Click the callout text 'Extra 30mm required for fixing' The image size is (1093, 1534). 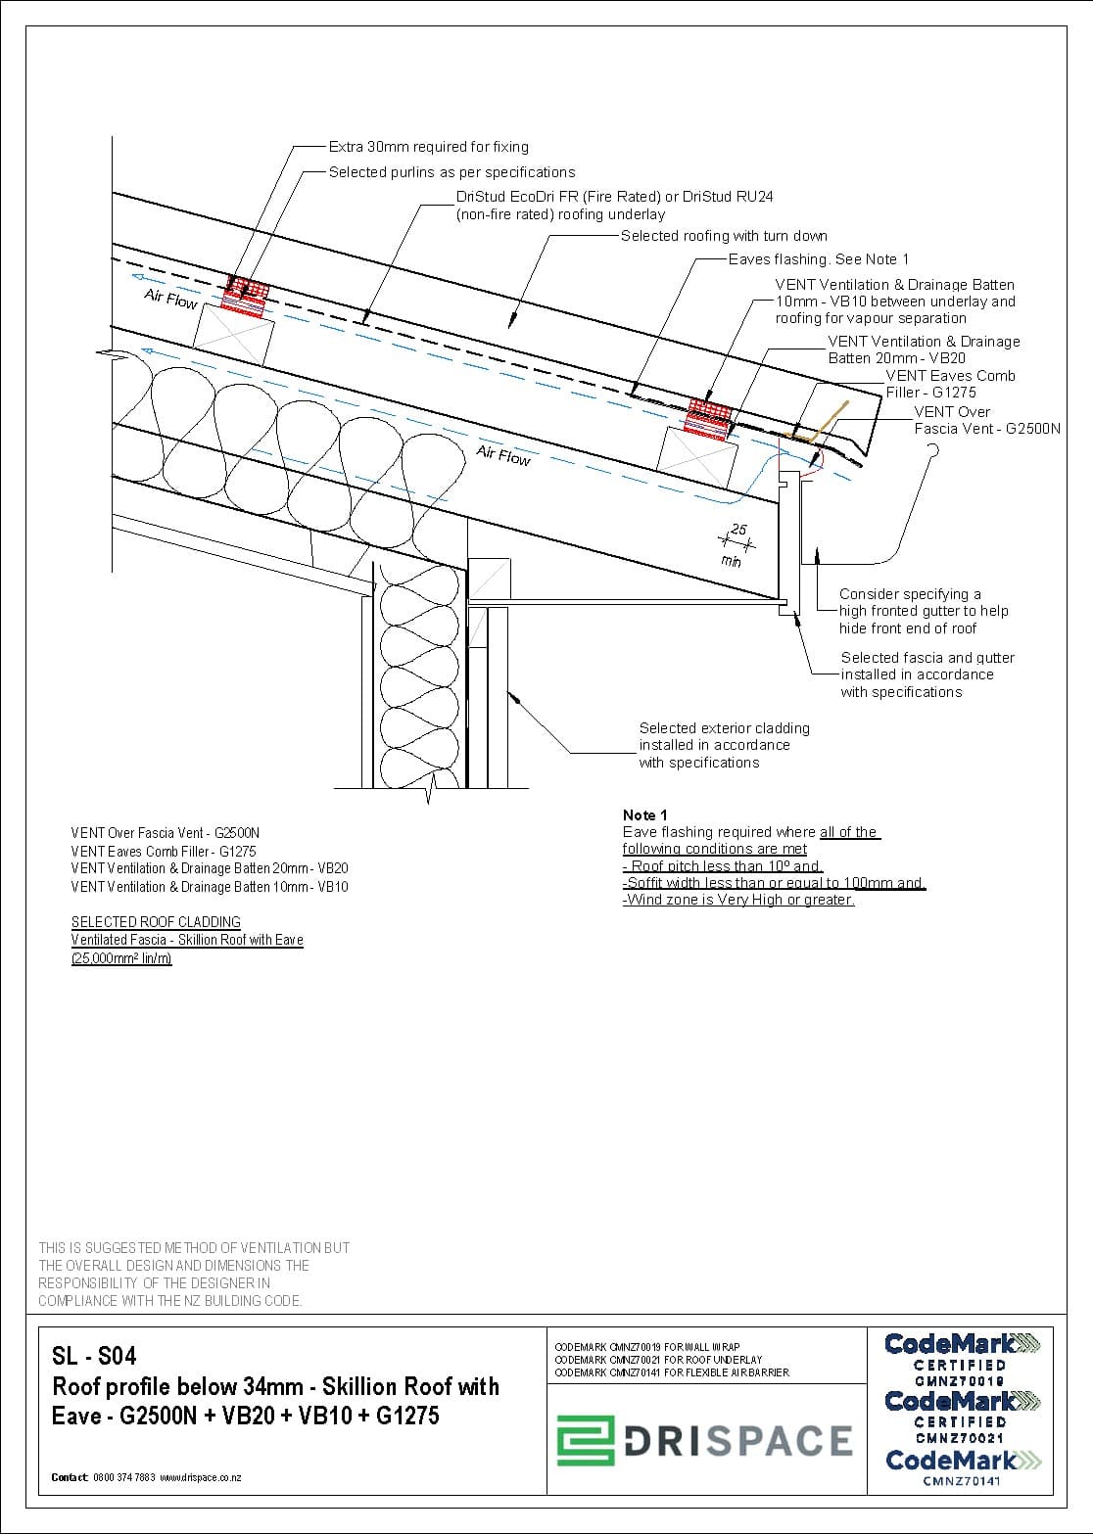pos(428,147)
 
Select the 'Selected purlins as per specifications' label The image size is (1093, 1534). pos(451,172)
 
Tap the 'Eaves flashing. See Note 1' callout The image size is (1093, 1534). pos(818,258)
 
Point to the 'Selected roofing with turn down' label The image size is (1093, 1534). pos(724,236)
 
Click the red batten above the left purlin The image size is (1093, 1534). pos(245,296)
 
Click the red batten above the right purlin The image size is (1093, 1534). pos(709,418)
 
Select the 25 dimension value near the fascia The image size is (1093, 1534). pos(738,529)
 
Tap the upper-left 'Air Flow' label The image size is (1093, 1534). pos(170,299)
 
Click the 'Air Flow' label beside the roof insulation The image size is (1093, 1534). pos(503,455)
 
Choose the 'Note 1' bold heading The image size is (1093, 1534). pos(644,814)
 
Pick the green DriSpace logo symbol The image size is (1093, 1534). pos(586,1440)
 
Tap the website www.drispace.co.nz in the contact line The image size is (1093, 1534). pos(200,1478)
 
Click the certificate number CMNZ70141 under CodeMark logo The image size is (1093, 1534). pos(962,1480)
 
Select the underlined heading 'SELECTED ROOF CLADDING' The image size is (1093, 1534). pos(156,922)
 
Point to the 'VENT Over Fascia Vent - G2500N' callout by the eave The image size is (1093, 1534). pos(987,420)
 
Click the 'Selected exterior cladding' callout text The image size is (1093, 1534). pos(724,745)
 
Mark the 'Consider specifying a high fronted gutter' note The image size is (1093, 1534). pos(923,611)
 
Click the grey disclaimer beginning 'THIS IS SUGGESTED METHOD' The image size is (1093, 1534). pos(194,1275)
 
